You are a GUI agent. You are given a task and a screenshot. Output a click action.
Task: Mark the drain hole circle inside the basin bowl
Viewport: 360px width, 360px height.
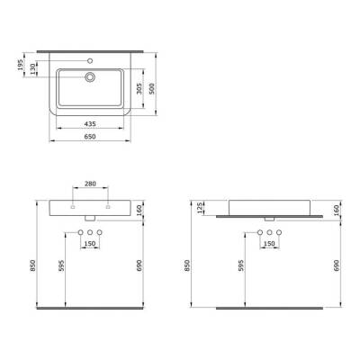pyautogui.click(x=90, y=77)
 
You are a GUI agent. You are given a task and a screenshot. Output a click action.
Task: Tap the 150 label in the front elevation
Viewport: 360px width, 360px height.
pyautogui.click(x=89, y=244)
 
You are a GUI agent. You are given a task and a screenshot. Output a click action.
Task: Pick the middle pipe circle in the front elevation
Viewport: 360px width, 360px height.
pyautogui.click(x=89, y=233)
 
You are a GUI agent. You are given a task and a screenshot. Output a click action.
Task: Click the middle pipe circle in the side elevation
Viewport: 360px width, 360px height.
pyautogui.click(x=266, y=233)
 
